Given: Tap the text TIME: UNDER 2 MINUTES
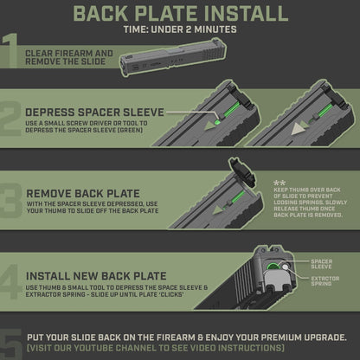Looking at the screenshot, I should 180,30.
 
